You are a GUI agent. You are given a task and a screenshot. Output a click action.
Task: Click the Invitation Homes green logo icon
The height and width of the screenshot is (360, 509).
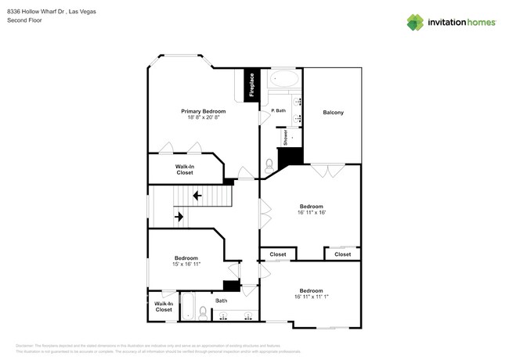[416, 22]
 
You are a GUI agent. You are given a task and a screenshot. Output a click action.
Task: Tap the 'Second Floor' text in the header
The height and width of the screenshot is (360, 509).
[24, 20]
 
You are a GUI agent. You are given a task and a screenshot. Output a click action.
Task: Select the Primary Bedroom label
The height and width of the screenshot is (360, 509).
[204, 111]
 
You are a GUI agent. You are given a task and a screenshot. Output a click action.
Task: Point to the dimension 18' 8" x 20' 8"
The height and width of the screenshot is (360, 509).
[204, 117]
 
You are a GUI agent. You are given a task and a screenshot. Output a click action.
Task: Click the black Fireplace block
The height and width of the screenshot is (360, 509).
[252, 85]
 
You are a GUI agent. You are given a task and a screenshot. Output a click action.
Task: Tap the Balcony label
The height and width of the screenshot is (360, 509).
[333, 113]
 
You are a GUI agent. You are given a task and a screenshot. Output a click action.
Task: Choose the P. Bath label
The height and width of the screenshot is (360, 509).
[278, 110]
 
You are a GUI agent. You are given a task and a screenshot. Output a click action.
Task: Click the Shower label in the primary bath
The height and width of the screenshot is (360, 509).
[286, 137]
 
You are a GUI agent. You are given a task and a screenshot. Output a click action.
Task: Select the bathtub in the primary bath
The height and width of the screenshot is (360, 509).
[283, 80]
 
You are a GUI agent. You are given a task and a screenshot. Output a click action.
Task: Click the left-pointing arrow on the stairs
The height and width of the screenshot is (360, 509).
[197, 195]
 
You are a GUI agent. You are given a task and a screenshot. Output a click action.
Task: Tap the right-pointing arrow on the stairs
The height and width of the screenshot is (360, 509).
[179, 216]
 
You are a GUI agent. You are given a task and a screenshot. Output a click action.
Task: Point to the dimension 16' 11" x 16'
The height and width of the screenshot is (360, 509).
[311, 212]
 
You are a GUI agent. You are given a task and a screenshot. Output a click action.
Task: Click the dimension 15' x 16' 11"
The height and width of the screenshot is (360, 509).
[186, 265]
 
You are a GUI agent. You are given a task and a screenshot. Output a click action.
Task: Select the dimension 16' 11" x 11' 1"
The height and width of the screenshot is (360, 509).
[311, 296]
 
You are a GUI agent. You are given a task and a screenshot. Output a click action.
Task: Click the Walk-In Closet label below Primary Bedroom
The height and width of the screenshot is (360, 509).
[185, 169]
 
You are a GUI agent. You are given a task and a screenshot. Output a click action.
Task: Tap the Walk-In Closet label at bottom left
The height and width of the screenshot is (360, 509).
[163, 306]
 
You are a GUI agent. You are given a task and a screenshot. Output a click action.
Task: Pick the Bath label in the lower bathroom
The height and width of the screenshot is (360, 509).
[222, 300]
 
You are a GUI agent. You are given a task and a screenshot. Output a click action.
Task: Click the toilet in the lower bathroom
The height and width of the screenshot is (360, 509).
[202, 312]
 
